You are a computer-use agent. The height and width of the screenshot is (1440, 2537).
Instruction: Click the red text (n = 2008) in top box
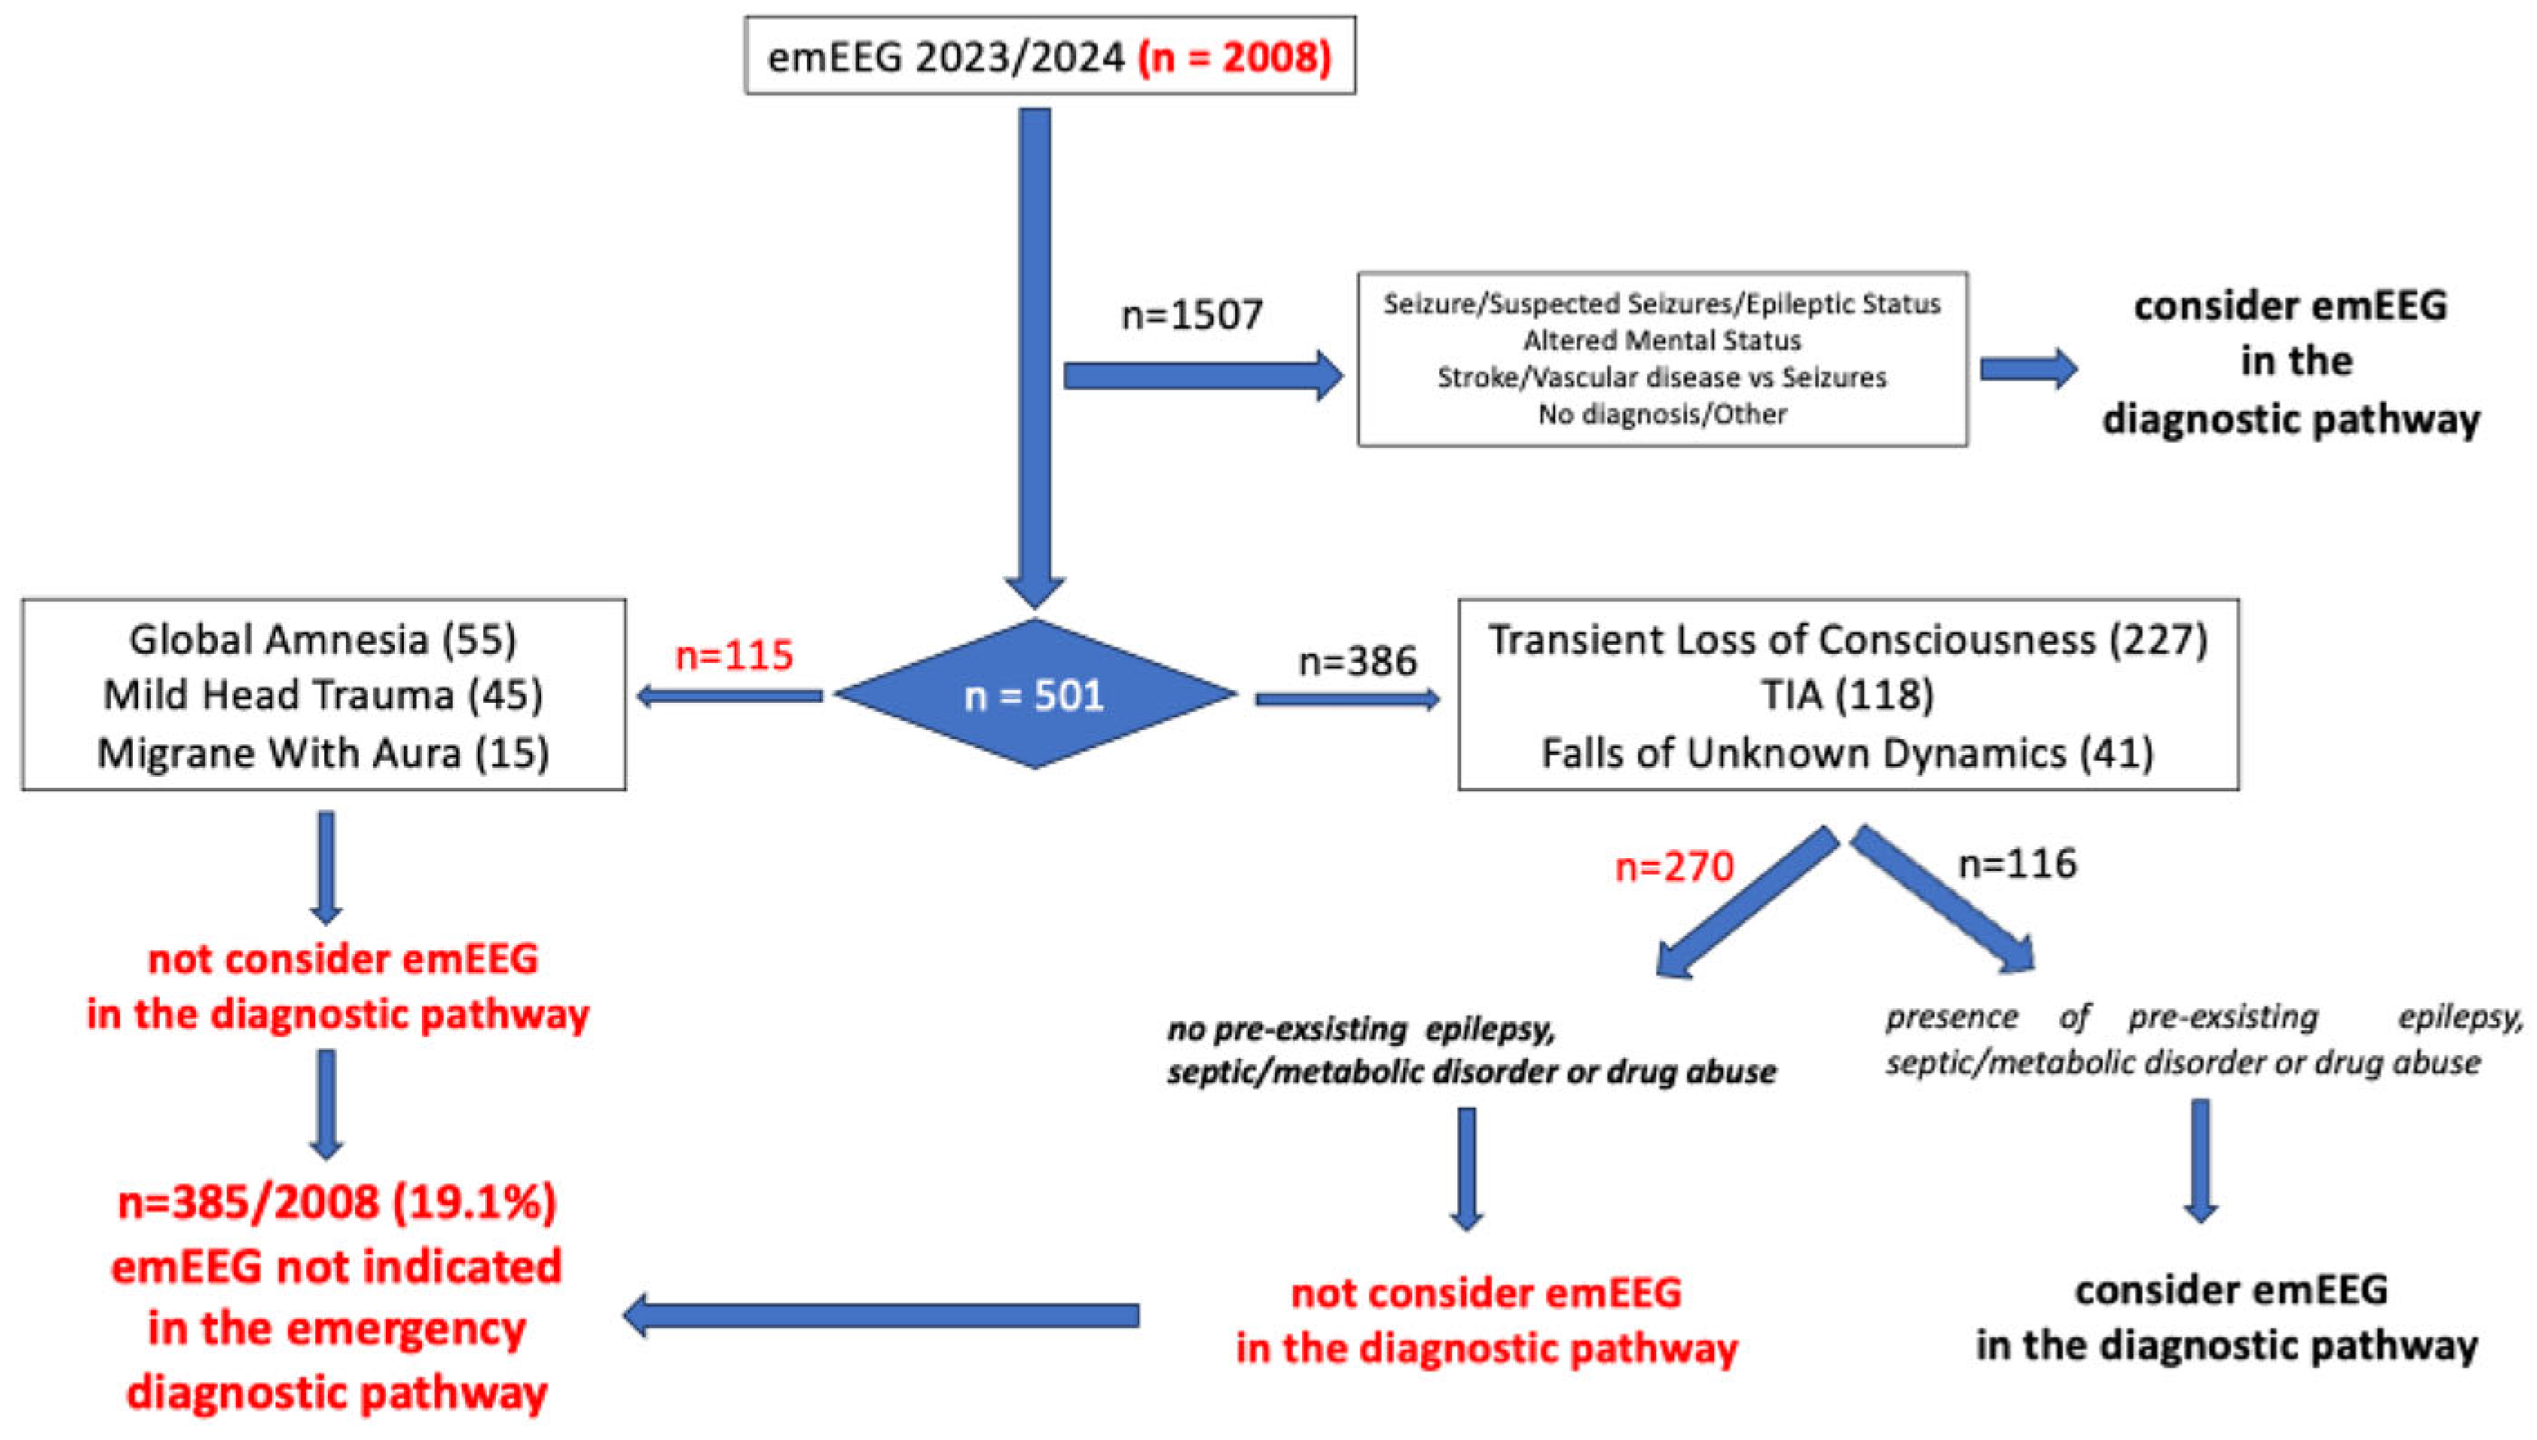[x=1233, y=56]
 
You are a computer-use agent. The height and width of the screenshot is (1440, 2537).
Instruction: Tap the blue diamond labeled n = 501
[x=1034, y=696]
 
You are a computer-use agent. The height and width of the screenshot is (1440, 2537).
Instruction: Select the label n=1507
[x=1192, y=314]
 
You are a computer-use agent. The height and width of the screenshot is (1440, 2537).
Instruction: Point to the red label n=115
[x=734, y=655]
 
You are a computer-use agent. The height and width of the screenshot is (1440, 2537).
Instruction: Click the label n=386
[x=1357, y=660]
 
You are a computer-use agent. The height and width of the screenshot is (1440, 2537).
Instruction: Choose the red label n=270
[x=1673, y=866]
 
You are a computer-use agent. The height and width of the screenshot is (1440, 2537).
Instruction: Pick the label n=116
[x=2017, y=864]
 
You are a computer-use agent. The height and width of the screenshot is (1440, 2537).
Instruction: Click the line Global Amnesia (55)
[x=323, y=639]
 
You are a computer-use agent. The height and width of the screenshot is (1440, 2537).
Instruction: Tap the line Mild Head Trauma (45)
[x=323, y=696]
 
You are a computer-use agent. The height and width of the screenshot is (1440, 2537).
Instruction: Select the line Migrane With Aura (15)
[x=323, y=753]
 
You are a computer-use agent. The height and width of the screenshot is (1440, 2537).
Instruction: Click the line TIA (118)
[x=1847, y=696]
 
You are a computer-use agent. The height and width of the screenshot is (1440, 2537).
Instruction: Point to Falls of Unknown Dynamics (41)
[x=1847, y=753]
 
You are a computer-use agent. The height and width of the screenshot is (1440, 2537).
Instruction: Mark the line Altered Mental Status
[x=1662, y=341]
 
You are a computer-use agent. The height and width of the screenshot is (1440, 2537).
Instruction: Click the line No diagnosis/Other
[x=1662, y=414]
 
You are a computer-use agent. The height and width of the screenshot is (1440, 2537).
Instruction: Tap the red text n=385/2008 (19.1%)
[x=336, y=1202]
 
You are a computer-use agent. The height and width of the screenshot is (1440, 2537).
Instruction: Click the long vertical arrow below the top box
[x=1034, y=346]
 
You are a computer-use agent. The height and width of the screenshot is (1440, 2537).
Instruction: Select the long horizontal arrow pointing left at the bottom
[x=880, y=1315]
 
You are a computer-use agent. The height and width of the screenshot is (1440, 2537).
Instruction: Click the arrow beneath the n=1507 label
[x=1202, y=376]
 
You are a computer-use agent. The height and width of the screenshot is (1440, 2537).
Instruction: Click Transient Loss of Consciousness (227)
[x=1847, y=639]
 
